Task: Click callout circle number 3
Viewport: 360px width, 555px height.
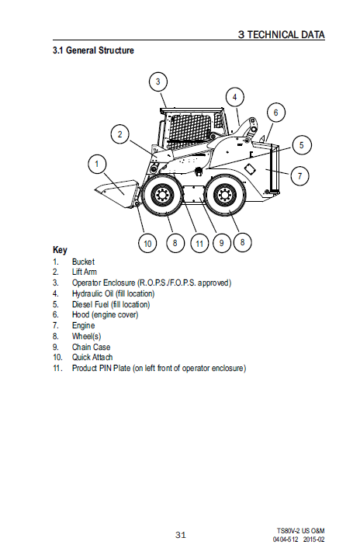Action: point(157,82)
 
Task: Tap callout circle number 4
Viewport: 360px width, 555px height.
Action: point(235,96)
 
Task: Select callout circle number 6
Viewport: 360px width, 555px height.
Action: point(276,113)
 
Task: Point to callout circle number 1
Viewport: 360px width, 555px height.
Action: point(97,164)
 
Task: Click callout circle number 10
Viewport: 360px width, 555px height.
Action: point(147,243)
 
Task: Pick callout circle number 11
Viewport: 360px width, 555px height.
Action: point(199,244)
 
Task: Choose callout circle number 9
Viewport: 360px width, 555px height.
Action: point(222,243)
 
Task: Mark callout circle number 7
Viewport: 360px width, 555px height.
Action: point(300,176)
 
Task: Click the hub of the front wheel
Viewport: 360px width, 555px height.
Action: point(162,195)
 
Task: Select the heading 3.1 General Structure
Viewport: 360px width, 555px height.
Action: point(93,50)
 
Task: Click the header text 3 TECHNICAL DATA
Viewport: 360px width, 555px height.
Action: point(282,34)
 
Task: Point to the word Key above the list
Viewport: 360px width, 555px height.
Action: point(60,250)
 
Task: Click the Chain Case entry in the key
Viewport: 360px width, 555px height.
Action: point(92,347)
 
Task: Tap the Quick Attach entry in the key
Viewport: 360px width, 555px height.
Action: point(92,358)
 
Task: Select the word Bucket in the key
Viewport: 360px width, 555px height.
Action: point(83,262)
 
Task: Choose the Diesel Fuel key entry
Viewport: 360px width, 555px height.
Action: point(111,304)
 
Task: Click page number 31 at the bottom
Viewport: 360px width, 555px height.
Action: point(181,535)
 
